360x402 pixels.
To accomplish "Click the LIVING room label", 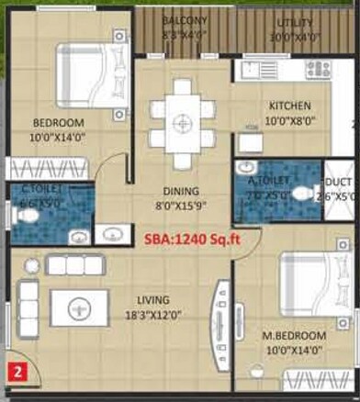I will click(x=152, y=298).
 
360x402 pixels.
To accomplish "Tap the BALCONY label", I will click(x=185, y=20).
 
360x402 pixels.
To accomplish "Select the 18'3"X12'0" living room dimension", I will click(x=152, y=313).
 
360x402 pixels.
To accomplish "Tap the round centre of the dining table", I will click(x=183, y=120).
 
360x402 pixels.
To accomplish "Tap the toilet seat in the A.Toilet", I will click(x=306, y=194).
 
